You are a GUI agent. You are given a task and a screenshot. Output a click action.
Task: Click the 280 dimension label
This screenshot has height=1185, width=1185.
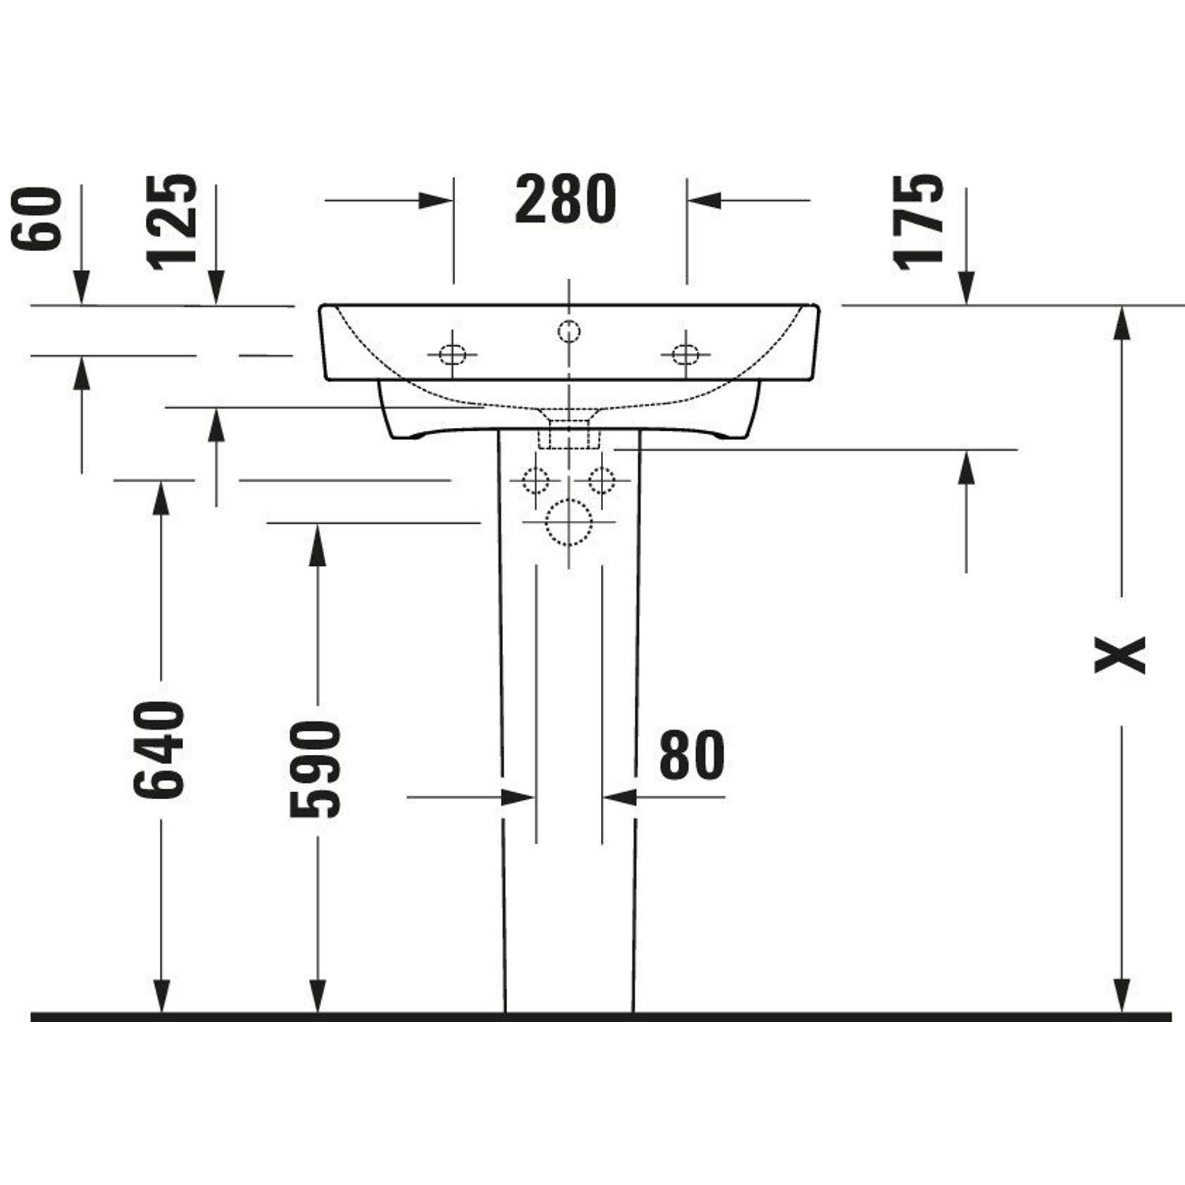[x=565, y=198]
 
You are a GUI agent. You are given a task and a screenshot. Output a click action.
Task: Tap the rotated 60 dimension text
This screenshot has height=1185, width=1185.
[x=37, y=219]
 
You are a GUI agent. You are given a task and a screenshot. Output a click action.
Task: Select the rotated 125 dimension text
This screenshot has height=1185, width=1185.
[x=172, y=222]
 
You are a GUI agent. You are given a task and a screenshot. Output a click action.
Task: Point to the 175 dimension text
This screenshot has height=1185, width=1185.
[x=918, y=222]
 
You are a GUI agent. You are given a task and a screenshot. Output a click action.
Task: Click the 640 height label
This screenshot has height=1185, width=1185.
[x=158, y=750]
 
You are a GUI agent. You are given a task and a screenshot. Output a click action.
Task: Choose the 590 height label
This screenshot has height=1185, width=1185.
[x=314, y=770]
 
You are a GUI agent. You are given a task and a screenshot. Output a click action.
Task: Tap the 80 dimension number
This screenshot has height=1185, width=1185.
[x=692, y=755]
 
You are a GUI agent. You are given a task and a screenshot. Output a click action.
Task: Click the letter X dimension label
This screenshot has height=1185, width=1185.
[x=1120, y=655]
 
